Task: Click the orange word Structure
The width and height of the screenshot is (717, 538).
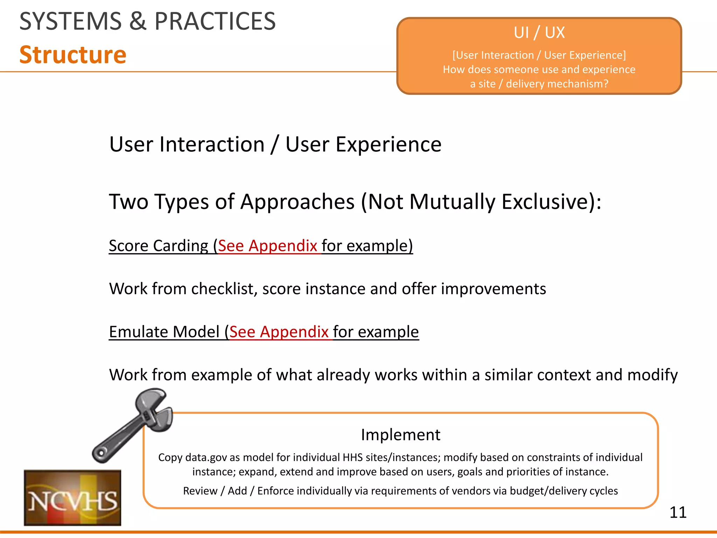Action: point(73,55)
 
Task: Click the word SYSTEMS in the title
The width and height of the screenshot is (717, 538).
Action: point(70,22)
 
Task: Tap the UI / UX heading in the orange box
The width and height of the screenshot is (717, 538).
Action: point(539,33)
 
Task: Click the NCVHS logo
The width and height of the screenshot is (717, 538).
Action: point(72,498)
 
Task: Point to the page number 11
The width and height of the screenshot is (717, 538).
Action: point(677,512)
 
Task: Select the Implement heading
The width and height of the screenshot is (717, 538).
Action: point(401,435)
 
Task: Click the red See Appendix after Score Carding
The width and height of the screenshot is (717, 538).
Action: point(267,246)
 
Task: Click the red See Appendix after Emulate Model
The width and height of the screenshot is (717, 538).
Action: point(279,332)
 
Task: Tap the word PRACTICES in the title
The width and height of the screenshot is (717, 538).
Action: point(215,22)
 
